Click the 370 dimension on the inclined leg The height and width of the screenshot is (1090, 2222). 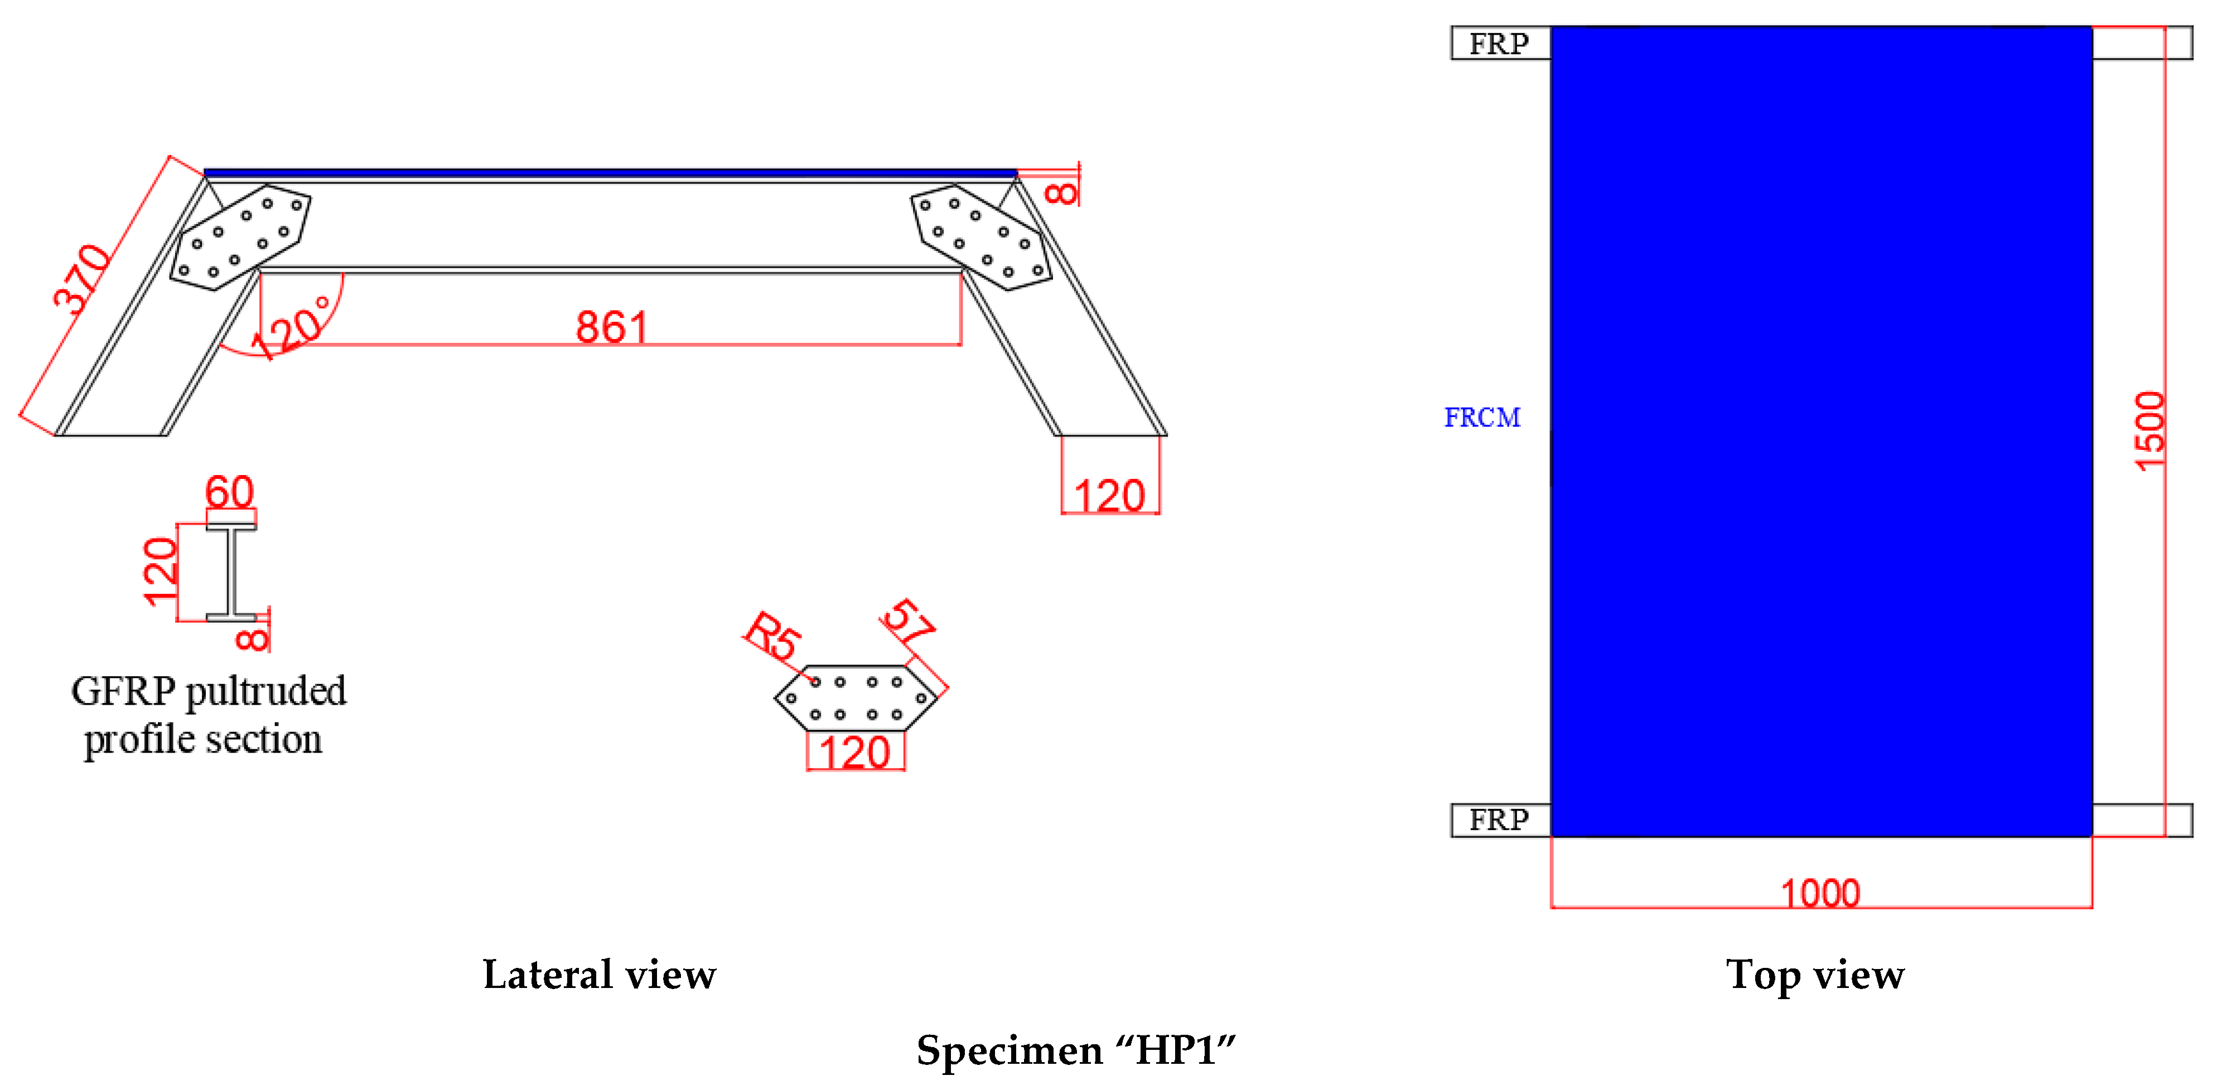tap(82, 278)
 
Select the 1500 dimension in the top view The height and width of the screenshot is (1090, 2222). tap(2149, 431)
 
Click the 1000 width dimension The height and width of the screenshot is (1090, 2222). tap(1820, 893)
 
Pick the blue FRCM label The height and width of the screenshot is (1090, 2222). tap(1482, 418)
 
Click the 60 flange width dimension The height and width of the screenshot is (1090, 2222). tap(229, 492)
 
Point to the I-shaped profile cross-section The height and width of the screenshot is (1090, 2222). tap(231, 571)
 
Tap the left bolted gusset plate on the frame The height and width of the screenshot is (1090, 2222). tap(240, 237)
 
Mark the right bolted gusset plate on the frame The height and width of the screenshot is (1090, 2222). tap(982, 237)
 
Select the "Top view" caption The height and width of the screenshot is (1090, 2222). tap(1815, 975)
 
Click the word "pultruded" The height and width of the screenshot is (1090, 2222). tap(265, 691)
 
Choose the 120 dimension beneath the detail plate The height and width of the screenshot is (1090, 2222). tap(854, 753)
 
